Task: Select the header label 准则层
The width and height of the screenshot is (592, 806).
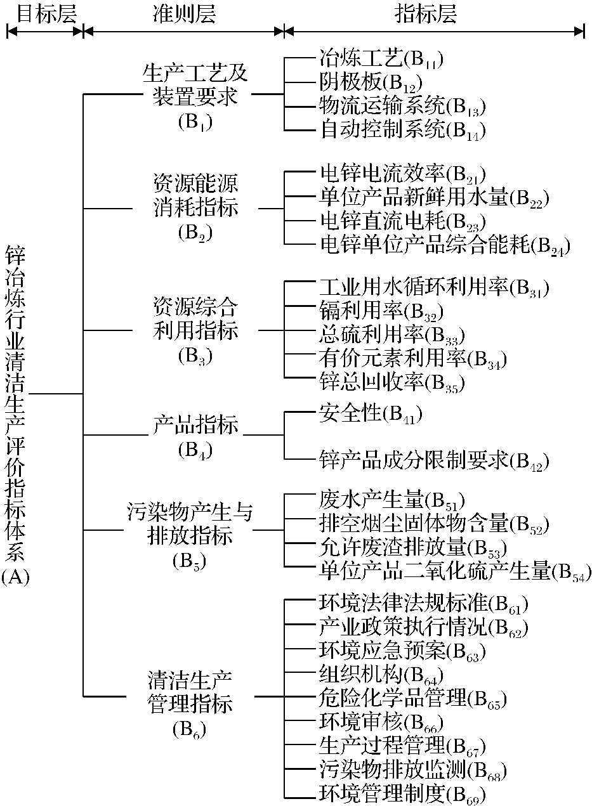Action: tap(184, 13)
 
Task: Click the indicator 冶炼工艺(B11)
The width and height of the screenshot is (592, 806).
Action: tap(380, 60)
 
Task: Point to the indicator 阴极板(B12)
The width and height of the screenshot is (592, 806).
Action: tap(370, 82)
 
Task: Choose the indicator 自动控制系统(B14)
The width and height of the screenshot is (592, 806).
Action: tap(402, 131)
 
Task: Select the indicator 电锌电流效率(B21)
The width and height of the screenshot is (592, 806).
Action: tap(402, 174)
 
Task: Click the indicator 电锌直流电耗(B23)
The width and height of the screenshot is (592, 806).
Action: tap(402, 222)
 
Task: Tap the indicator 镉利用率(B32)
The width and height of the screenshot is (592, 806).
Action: tap(380, 311)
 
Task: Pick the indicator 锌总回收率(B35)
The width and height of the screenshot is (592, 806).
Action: tap(391, 382)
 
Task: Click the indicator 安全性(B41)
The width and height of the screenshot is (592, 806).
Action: tap(370, 413)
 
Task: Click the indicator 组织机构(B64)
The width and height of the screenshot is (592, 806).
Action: tap(380, 673)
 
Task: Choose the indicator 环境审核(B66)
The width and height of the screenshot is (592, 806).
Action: tap(380, 721)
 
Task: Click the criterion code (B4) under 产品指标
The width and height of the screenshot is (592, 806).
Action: tap(195, 450)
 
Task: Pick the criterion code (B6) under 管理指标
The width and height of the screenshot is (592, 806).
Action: tap(189, 729)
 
